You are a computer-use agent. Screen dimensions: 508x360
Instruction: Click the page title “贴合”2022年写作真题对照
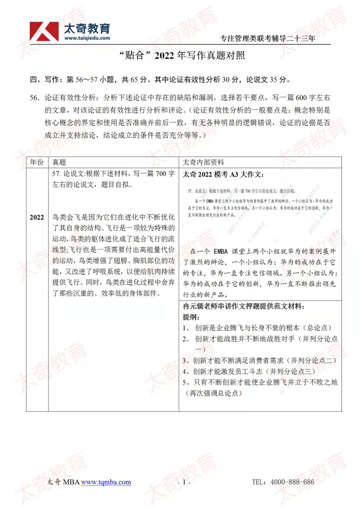(180, 56)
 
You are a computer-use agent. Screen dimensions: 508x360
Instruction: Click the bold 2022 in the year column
(36, 217)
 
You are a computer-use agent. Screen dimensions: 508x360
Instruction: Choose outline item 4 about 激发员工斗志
(250, 371)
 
